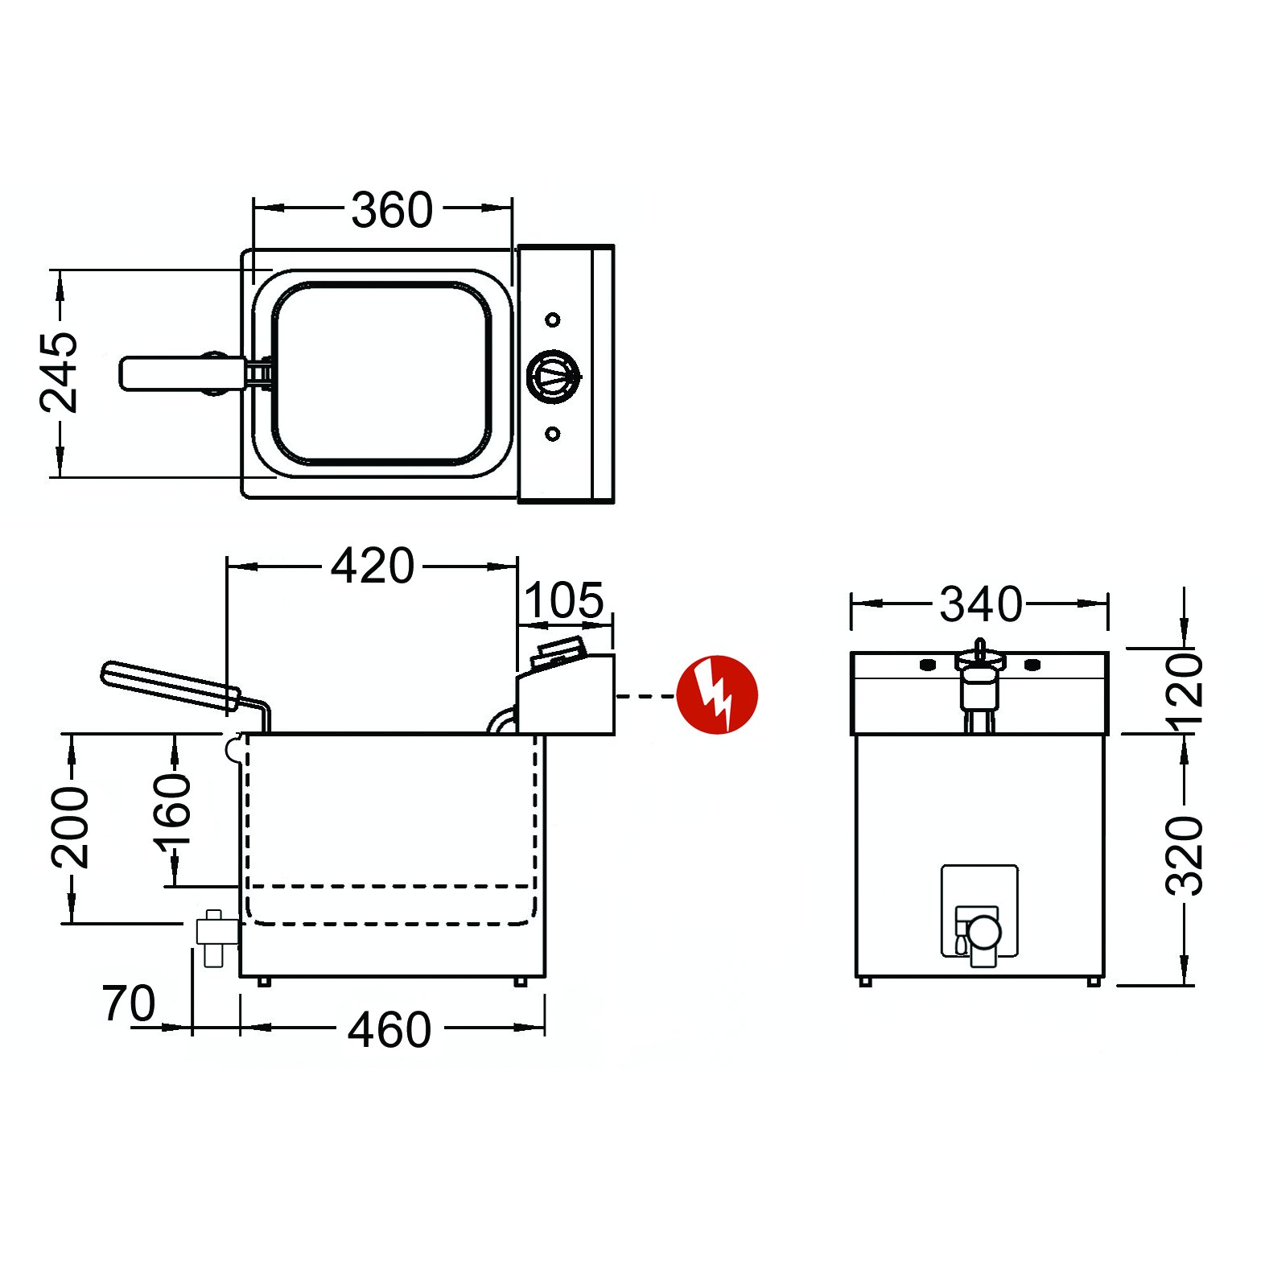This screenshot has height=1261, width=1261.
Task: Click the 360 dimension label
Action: pos(392,210)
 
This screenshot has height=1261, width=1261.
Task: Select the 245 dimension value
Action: pos(60,372)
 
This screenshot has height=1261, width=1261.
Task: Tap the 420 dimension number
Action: pos(373,566)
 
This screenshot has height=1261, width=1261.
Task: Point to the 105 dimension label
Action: pos(564,600)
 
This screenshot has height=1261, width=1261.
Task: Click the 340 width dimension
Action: pos(981,604)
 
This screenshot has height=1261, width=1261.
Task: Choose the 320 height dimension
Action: pos(1185,855)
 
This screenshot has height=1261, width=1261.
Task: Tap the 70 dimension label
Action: pos(129,1003)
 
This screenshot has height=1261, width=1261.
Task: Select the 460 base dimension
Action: pos(389,1030)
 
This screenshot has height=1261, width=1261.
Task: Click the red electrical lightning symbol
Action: pos(717,694)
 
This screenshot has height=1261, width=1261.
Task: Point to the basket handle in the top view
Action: pos(182,374)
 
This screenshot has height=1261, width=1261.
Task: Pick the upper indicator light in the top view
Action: pos(553,320)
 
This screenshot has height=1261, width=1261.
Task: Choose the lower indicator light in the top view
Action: pos(553,434)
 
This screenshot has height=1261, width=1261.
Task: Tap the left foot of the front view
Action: pos(866,982)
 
